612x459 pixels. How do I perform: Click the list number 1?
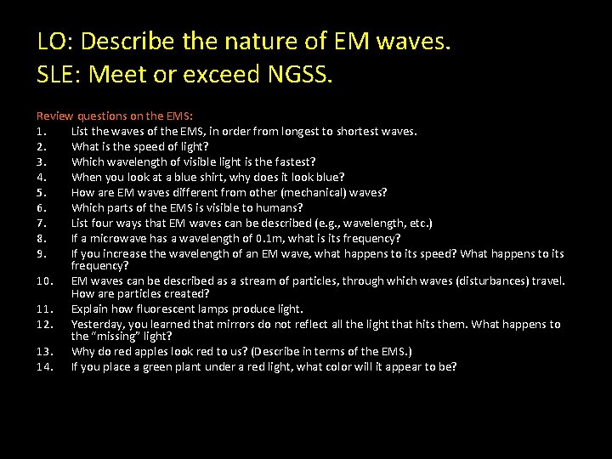[40, 131]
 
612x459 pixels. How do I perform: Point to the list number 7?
[40, 223]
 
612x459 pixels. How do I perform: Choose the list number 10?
[43, 280]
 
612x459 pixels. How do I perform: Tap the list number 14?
[43, 366]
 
